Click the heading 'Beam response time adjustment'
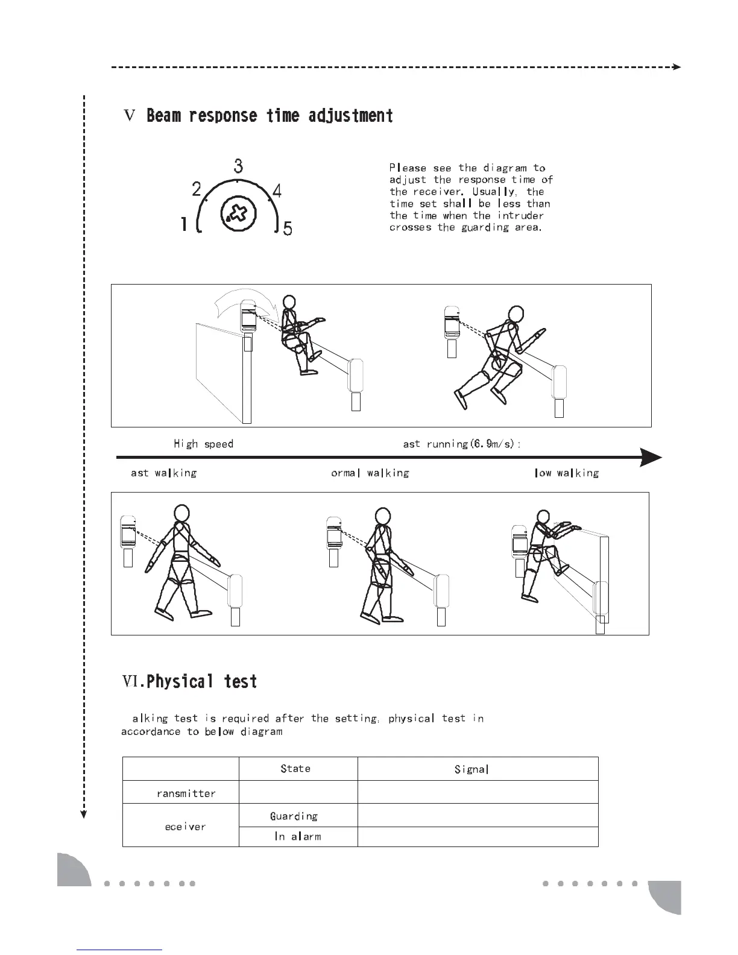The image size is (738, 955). coord(270,116)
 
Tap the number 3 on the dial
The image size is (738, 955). coord(239,165)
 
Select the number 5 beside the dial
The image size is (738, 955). coord(288,229)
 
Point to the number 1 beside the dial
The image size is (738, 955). coord(184,225)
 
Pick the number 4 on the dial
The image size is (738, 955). coord(277,191)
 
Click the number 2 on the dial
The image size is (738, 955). coord(197,190)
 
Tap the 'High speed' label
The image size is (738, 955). coord(203,444)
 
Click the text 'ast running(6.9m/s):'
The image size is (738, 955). coord(462,444)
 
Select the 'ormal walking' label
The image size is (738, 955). coord(370,473)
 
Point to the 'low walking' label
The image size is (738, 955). coord(567,473)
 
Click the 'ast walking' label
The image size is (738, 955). coord(163,473)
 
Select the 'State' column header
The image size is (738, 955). coord(295,769)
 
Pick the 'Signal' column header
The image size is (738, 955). coord(471,769)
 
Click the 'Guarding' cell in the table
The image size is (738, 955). coord(294,816)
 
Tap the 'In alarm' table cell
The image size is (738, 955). coord(297,837)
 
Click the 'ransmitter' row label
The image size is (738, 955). coord(186,793)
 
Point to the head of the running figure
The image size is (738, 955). coord(514,314)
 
